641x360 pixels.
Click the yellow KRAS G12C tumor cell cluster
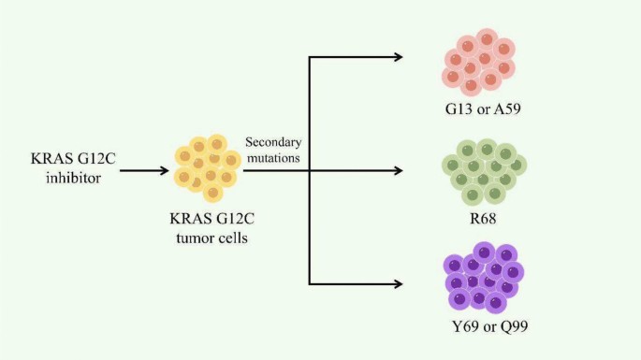[205, 168]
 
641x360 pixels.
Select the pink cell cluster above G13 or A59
[479, 63]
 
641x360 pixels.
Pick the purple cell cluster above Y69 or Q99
[483, 277]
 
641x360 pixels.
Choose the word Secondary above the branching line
[272, 142]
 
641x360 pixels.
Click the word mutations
[272, 158]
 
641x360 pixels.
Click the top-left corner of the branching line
[309, 58]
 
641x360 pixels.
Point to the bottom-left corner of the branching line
[309, 283]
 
